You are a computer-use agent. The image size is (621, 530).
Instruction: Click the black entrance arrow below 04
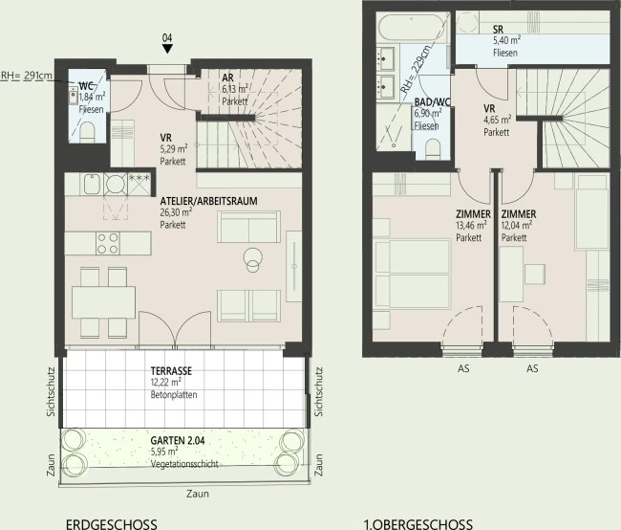(167, 49)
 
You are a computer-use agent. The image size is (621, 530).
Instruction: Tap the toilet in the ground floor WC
(87, 132)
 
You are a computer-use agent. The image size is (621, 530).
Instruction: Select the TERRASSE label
(171, 371)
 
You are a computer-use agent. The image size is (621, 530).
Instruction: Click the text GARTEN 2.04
(178, 440)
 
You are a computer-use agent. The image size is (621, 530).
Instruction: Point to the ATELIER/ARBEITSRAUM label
(208, 201)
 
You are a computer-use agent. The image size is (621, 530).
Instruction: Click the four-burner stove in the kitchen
(108, 243)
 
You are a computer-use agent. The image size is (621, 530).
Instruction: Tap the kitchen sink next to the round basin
(92, 184)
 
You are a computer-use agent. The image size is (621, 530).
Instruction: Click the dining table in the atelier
(104, 301)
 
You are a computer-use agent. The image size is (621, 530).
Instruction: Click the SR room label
(498, 29)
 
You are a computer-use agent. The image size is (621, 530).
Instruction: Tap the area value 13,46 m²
(471, 226)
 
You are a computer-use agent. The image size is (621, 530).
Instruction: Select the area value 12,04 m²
(517, 226)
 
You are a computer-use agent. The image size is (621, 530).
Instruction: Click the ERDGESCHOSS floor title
(112, 524)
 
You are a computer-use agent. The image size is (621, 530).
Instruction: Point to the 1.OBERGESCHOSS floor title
(418, 524)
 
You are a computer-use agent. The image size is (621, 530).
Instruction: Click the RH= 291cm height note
(26, 76)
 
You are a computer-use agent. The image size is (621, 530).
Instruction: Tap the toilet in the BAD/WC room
(433, 149)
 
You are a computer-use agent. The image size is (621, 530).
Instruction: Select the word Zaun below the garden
(198, 494)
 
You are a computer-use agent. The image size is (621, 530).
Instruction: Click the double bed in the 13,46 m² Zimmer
(413, 274)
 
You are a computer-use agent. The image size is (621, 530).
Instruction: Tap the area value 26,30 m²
(176, 212)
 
